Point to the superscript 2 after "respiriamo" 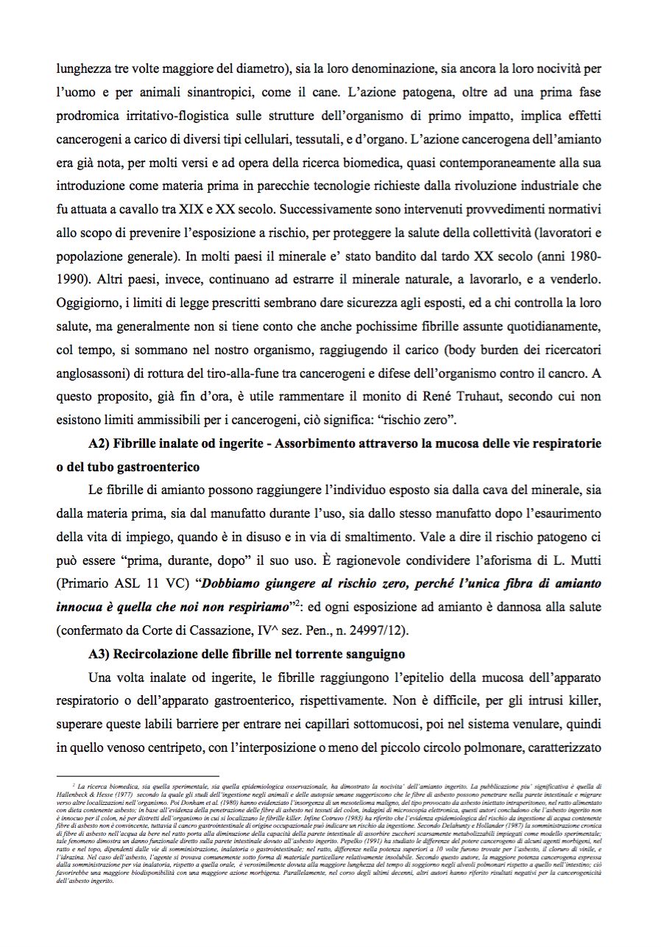[x=292, y=602]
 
